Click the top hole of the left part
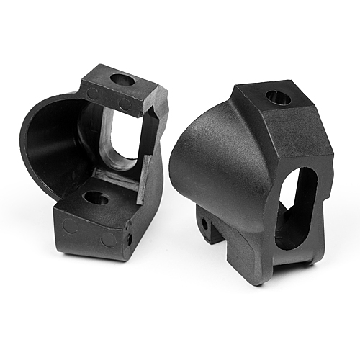122,80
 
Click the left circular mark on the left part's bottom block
70,225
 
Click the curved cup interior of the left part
54,151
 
